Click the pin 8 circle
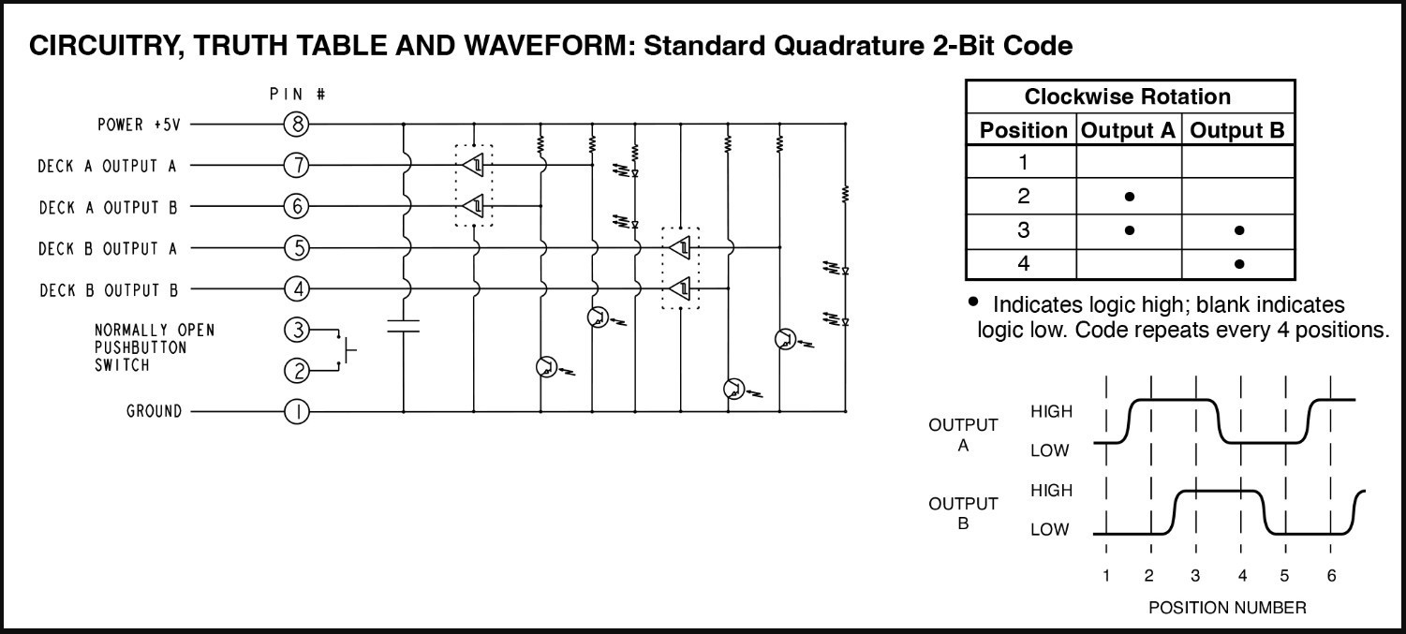coord(297,124)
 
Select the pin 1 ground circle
coord(297,411)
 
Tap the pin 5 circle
coord(297,248)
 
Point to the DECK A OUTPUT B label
coord(108,207)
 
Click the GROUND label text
coord(155,411)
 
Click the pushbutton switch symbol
coord(348,350)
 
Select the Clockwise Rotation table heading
coord(1128,97)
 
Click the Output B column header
coord(1237,131)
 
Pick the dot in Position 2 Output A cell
coord(1130,197)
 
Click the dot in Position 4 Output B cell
coord(1238,264)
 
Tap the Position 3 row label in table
coord(1023,230)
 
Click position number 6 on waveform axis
coord(1331,575)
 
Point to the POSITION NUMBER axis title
coord(1227,608)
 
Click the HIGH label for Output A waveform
coord(1051,410)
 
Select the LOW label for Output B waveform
coord(1050,529)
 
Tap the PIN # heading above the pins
coord(297,95)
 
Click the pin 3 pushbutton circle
coord(297,330)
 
